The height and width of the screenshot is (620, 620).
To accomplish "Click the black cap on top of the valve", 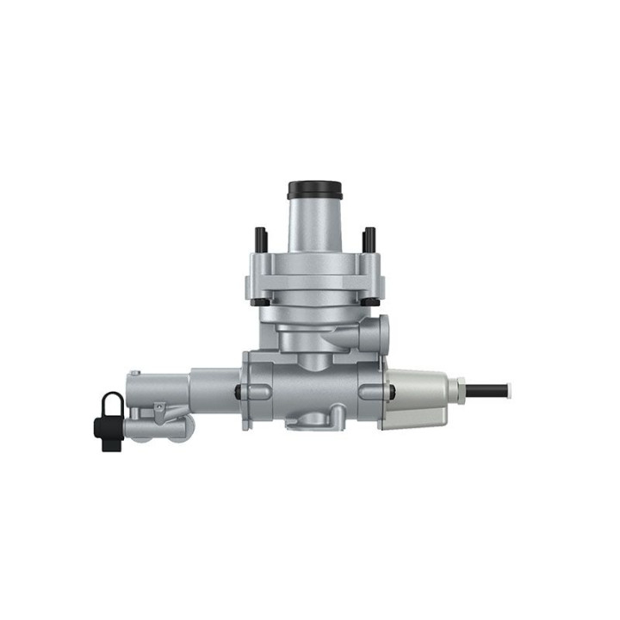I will coord(314,189).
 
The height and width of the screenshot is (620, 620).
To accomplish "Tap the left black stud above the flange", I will coord(259,239).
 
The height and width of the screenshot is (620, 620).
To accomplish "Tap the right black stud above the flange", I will coord(369,239).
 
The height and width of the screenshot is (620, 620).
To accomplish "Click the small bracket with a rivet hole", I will coord(159,412).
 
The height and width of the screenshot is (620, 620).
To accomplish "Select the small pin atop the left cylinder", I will coord(135,374).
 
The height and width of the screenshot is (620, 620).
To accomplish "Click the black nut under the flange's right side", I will coord(369,301).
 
